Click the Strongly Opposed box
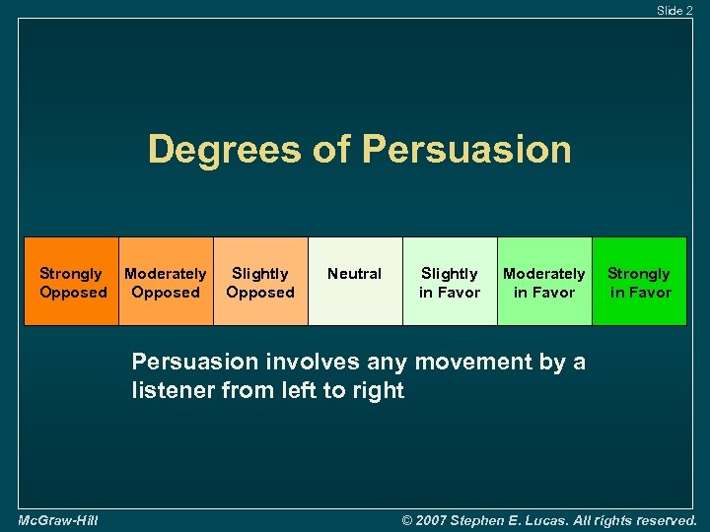click(71, 282)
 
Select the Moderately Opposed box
click(166, 282)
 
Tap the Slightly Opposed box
click(260, 282)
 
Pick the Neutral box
click(355, 282)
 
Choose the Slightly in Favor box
click(450, 282)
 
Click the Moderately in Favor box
click(544, 282)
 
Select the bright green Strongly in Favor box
click(639, 282)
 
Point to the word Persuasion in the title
click(466, 150)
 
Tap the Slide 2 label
click(674, 10)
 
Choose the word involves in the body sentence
click(299, 362)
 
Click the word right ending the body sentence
click(381, 391)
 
